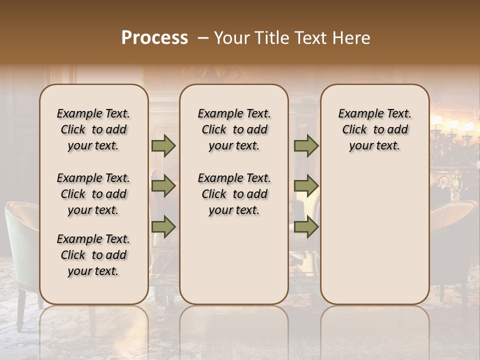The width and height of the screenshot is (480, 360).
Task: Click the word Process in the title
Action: (x=154, y=38)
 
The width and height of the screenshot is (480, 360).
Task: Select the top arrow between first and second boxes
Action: (x=163, y=146)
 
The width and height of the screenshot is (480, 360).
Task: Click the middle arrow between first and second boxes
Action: (x=163, y=186)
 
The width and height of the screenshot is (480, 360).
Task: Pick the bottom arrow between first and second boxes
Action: (x=163, y=227)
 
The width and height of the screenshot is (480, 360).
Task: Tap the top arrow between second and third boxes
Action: (x=306, y=146)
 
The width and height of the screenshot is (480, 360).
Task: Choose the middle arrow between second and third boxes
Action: (x=306, y=186)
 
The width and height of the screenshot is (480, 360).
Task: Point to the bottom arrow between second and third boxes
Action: (x=306, y=227)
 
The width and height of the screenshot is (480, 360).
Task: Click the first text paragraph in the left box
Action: (x=93, y=129)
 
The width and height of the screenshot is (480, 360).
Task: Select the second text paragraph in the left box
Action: (x=93, y=194)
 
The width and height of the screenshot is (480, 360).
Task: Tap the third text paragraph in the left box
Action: (x=93, y=255)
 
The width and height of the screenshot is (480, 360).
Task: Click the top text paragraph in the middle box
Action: (x=234, y=129)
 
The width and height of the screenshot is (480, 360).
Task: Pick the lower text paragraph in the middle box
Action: (x=234, y=194)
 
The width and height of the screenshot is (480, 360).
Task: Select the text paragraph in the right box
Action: (x=374, y=129)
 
